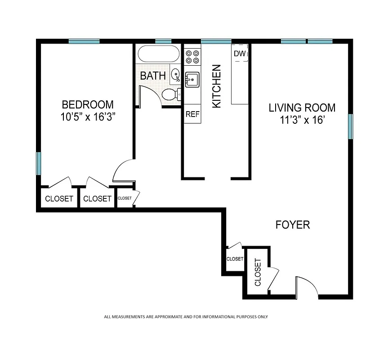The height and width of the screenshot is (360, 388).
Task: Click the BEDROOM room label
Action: pos(87,105)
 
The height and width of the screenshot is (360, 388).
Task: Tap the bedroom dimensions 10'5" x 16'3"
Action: pos(88,117)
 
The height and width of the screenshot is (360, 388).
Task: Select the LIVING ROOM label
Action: pos(302,108)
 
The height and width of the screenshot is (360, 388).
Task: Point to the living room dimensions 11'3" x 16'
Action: pos(302,121)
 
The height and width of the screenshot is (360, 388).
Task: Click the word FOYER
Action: pos(293,225)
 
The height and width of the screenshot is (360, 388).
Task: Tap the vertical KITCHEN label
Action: pos(217,86)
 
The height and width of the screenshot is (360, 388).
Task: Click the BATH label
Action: pos(153,76)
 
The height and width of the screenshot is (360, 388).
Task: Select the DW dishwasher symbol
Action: pos(240,54)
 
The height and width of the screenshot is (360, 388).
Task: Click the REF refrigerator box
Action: pos(192,114)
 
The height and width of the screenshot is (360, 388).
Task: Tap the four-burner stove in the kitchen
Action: pos(192,56)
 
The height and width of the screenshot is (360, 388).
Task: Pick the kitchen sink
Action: pos(192,80)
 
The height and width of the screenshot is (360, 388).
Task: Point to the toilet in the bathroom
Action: pos(171,94)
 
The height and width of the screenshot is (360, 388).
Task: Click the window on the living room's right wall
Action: pos(350,126)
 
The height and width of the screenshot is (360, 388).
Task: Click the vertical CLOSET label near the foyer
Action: pos(258,272)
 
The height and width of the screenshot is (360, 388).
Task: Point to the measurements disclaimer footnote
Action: pos(186,317)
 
